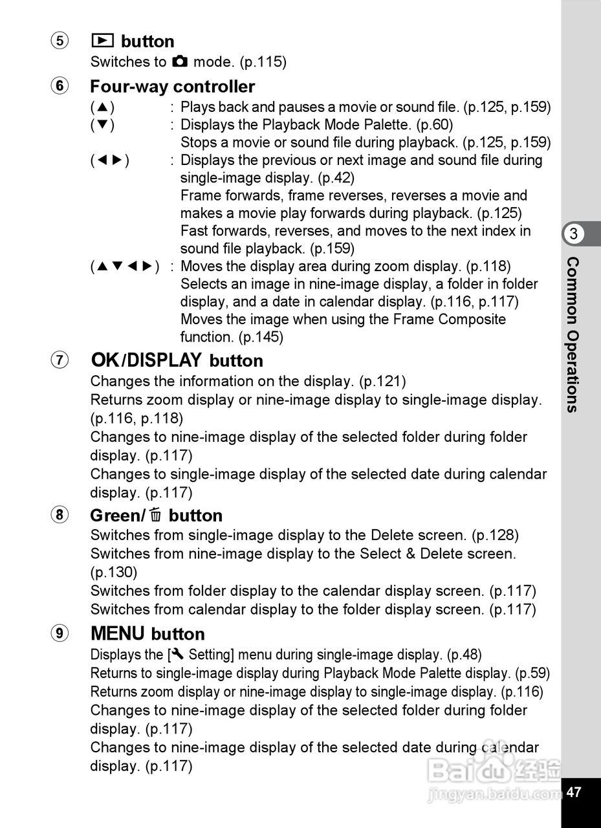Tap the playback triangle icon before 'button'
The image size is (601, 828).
click(103, 41)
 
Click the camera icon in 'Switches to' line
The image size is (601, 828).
click(180, 62)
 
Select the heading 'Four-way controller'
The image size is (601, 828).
click(172, 87)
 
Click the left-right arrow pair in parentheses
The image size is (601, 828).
click(110, 160)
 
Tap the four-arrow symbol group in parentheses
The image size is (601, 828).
click(125, 267)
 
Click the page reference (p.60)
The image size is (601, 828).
click(434, 125)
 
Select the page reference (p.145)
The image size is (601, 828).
click(261, 337)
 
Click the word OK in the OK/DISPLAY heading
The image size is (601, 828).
click(105, 360)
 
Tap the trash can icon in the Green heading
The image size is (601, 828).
click(155, 516)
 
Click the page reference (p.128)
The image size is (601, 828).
click(495, 536)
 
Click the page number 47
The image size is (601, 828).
click(574, 792)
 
